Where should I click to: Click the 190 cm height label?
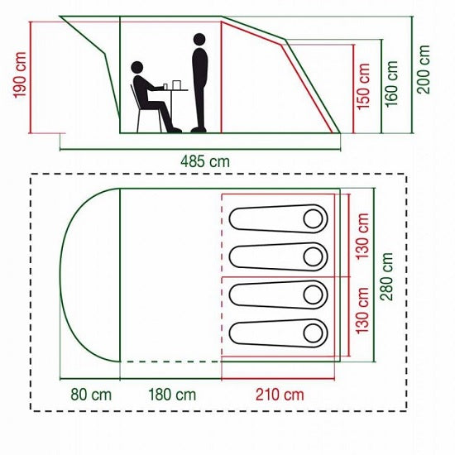[x=21, y=74]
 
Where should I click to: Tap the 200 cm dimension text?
[x=424, y=69]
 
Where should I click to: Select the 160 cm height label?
[x=391, y=84]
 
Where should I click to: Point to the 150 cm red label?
[x=363, y=87]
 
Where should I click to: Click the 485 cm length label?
[x=205, y=161]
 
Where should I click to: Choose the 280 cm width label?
[x=386, y=276]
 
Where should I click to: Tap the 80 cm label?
[x=91, y=395]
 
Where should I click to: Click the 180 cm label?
[x=172, y=395]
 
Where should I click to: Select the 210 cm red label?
[x=280, y=395]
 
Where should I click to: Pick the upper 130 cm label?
[x=362, y=237]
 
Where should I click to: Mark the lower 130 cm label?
[x=362, y=311]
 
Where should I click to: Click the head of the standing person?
[x=199, y=40]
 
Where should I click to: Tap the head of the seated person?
[x=137, y=67]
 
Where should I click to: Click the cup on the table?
[x=165, y=87]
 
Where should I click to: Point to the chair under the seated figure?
[x=145, y=109]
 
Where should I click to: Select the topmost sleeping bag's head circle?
[x=313, y=218]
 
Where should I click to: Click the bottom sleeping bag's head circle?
[x=313, y=333]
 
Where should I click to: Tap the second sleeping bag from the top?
[x=278, y=256]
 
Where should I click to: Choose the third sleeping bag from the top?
[x=278, y=295]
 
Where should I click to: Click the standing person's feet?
[x=199, y=130]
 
